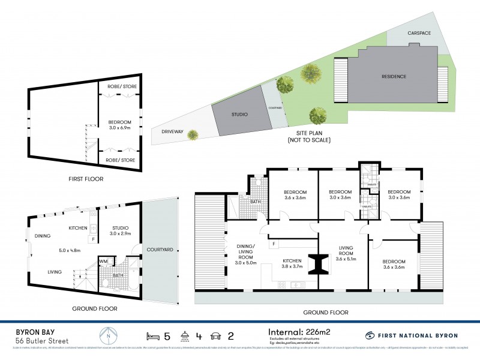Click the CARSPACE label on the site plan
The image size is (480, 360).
pyautogui.click(x=418, y=33)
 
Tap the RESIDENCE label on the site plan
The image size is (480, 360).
pyautogui.click(x=394, y=76)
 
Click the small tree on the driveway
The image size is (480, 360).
pyautogui.click(x=192, y=134)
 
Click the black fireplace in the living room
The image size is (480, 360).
pyautogui.click(x=318, y=263)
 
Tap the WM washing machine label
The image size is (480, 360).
pyautogui.click(x=103, y=261)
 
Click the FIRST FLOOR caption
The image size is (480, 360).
pyautogui.click(x=86, y=179)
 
